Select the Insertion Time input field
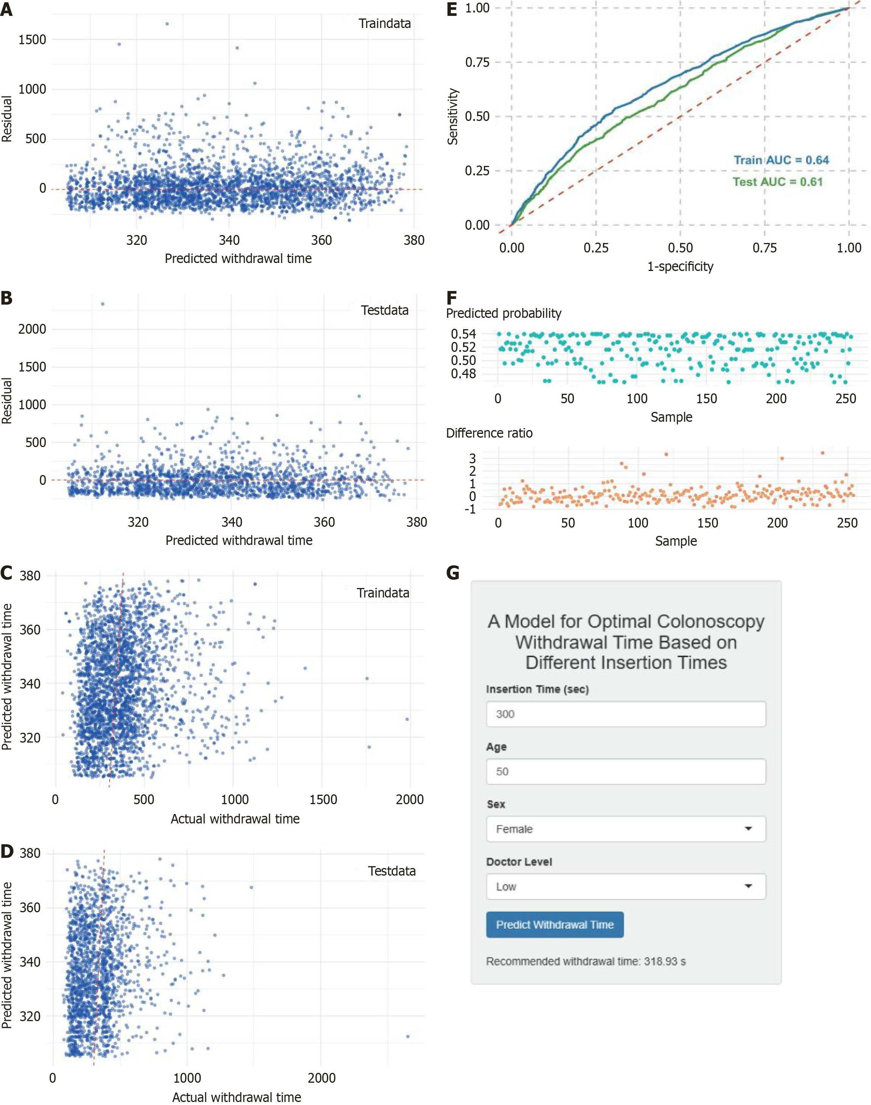(625, 714)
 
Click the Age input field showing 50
(625, 772)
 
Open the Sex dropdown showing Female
(625, 829)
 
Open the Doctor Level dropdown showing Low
(625, 886)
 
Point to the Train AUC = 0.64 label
(781, 160)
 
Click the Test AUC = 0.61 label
(778, 182)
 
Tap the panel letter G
(453, 573)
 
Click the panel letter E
(452, 10)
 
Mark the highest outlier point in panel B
(102, 304)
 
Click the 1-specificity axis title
(680, 266)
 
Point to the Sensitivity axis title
(453, 117)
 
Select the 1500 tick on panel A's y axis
(32, 40)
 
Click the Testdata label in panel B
(384, 310)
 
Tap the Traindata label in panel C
(383, 593)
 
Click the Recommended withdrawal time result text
(586, 961)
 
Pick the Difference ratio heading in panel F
(489, 433)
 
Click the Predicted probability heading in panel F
(503, 313)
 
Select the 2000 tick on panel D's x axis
(321, 1078)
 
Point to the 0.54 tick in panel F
(463, 334)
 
